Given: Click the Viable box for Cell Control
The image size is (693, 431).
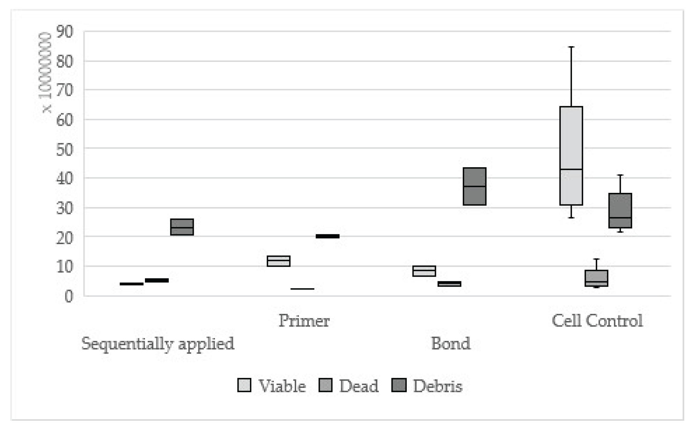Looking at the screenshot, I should [571, 155].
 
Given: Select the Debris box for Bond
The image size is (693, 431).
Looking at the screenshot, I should [474, 186].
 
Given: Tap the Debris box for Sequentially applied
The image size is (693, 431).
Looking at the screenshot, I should [182, 227].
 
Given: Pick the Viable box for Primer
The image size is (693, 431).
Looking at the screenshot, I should [278, 261].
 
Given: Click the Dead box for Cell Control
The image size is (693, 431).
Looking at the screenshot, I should [596, 278].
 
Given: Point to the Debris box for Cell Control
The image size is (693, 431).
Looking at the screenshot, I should [620, 210].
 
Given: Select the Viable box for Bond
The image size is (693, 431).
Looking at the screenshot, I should [424, 271].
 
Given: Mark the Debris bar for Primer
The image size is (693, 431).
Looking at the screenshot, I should [327, 236].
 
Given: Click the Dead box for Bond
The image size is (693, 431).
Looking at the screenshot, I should [449, 284].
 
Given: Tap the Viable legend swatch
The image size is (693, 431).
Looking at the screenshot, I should [244, 385].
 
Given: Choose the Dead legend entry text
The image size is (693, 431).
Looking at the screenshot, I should [359, 386].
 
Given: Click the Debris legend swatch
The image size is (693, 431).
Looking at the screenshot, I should [399, 385].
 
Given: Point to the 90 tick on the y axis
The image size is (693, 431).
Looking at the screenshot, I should [65, 31].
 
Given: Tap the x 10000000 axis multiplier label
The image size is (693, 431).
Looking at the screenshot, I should [46, 72].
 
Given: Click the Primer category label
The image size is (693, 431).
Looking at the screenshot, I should [304, 321].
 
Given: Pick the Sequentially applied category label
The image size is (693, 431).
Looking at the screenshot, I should [158, 343].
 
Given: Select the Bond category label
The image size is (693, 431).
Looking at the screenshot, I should [451, 343].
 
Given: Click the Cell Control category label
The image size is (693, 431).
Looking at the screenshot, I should [597, 321].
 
